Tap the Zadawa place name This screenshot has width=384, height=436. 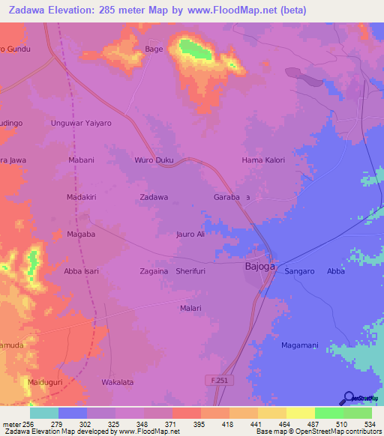(x=154, y=197)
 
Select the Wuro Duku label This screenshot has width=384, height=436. (x=153, y=160)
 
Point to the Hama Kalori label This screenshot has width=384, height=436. (x=263, y=160)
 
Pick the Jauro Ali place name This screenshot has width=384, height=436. (x=190, y=234)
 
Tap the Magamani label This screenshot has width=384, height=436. (x=299, y=344)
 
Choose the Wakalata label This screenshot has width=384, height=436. (x=118, y=382)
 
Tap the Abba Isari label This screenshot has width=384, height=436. (x=82, y=271)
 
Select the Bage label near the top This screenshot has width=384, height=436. (x=153, y=49)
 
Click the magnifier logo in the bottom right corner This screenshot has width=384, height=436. (x=349, y=398)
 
